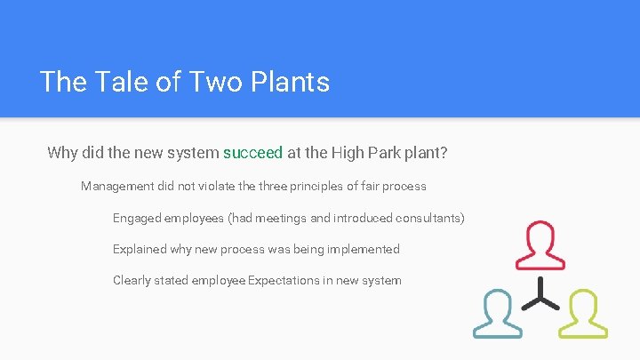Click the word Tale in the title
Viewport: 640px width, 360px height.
tap(111, 82)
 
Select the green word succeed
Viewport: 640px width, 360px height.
tap(252, 153)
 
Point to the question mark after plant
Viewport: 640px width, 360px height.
tap(444, 153)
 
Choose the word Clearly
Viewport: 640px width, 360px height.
tap(132, 280)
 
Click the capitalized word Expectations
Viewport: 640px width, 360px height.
tap(283, 280)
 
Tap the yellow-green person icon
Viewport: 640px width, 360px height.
tap(583, 313)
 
